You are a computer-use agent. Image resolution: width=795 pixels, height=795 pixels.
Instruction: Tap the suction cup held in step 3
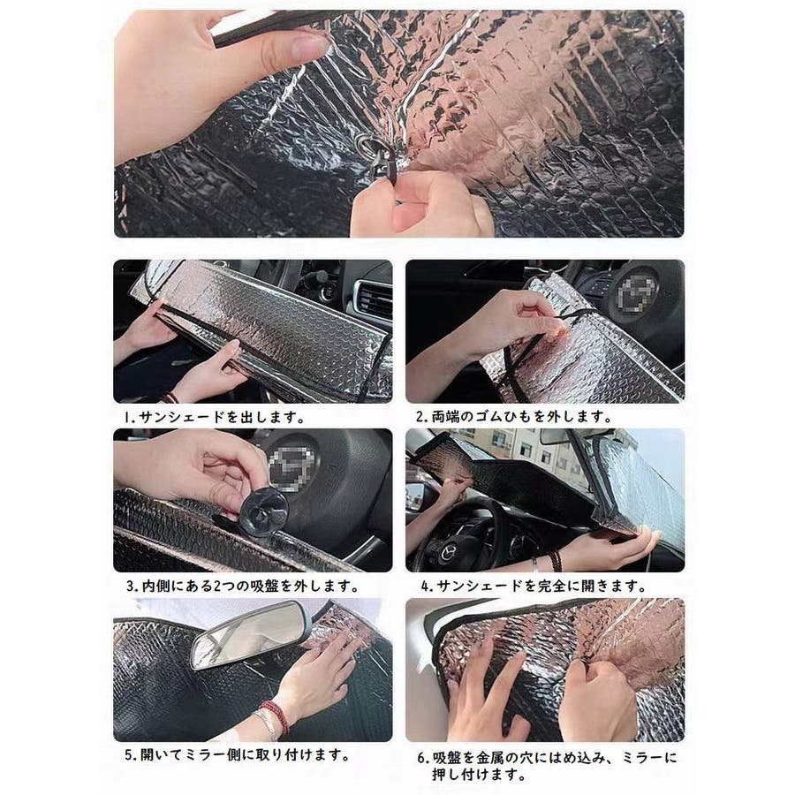pyautogui.click(x=263, y=511)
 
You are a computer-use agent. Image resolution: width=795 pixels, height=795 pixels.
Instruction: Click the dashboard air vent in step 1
pyautogui.click(x=375, y=299)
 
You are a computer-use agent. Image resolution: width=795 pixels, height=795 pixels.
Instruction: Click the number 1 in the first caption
pyautogui.click(x=128, y=417)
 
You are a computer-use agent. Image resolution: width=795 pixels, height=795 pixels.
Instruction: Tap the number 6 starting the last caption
pyautogui.click(x=422, y=759)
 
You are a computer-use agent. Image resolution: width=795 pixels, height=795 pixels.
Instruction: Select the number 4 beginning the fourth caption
pyautogui.click(x=425, y=587)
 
